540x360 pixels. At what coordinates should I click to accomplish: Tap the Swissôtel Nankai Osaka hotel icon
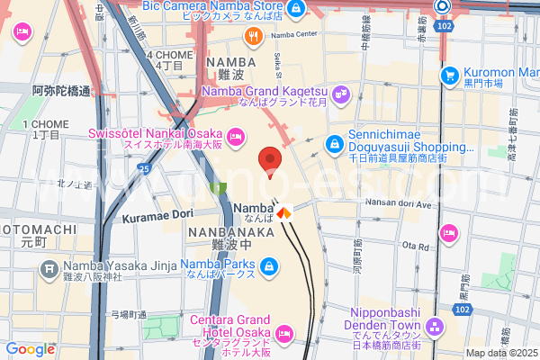tap(236, 136)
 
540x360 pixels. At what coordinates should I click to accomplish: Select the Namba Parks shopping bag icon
tap(268, 267)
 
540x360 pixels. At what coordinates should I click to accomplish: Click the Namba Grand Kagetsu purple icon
tap(342, 91)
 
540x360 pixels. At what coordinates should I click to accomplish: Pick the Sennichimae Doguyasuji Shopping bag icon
tap(335, 142)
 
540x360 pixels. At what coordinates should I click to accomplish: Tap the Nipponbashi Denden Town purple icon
tap(436, 326)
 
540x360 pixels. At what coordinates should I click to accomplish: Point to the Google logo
tap(30, 349)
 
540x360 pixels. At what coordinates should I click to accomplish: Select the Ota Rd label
tap(415, 245)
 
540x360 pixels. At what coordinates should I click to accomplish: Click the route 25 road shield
tap(144, 167)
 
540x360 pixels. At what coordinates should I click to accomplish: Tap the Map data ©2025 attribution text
tap(500, 353)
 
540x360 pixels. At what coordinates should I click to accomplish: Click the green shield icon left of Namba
tap(217, 186)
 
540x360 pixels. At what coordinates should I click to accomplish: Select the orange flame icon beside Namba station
tap(284, 212)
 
